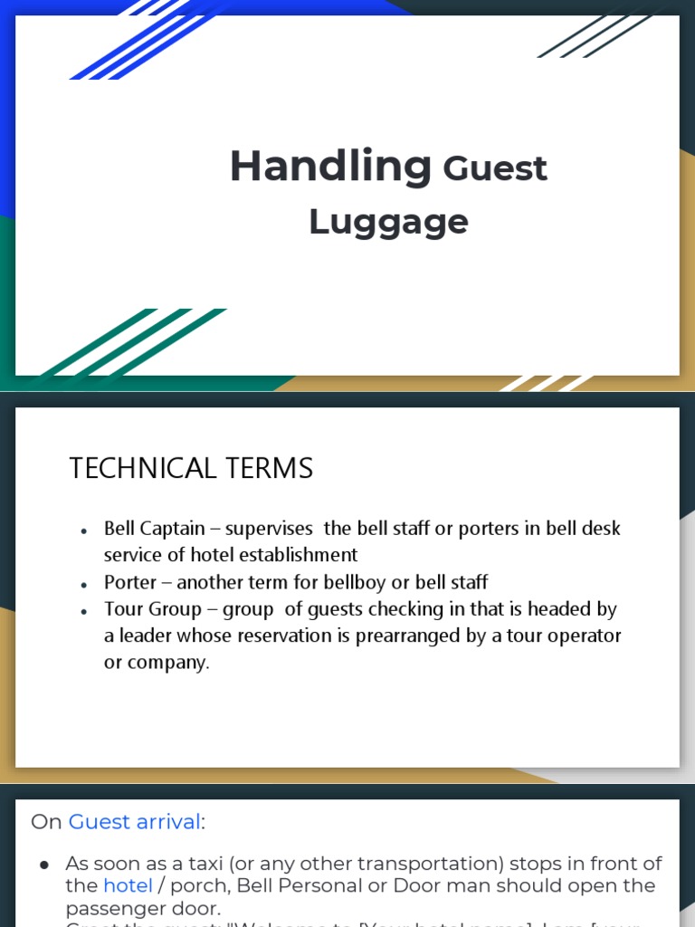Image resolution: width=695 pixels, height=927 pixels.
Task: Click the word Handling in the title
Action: click(329, 167)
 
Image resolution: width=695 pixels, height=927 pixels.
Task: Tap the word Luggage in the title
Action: click(388, 222)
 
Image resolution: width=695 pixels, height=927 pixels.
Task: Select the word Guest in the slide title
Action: click(495, 169)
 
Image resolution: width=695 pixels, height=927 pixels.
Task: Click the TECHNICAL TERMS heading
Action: click(191, 468)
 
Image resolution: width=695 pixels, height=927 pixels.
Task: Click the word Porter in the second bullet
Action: click(130, 582)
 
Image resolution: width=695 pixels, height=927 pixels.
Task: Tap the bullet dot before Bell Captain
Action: click(84, 530)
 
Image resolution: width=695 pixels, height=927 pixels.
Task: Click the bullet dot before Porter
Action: click(84, 585)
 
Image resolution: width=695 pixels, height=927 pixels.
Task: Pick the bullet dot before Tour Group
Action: click(84, 612)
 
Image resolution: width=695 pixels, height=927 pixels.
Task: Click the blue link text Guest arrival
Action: click(134, 822)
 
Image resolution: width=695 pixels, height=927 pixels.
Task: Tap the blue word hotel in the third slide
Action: click(128, 885)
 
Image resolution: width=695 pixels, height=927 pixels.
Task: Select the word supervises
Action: click(269, 528)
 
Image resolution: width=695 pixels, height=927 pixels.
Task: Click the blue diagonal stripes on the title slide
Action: click(145, 41)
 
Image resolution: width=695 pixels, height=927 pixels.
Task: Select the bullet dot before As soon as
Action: click(44, 865)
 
